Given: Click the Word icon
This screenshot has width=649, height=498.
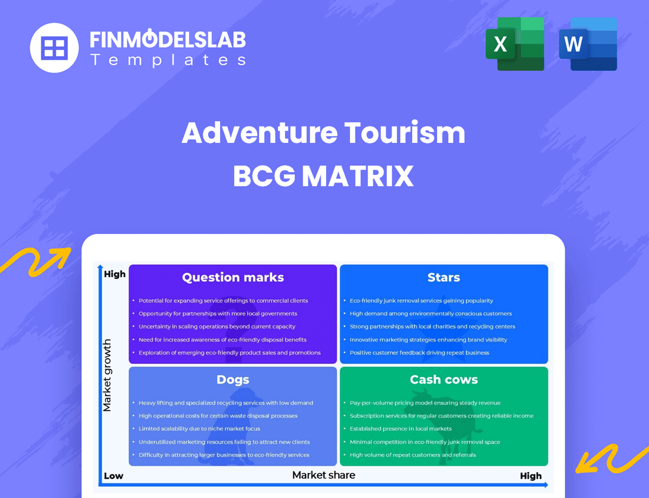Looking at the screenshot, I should (588, 44).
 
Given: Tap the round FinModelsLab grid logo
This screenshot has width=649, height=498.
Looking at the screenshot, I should (54, 47).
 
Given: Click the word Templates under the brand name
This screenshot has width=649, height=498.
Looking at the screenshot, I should (168, 60).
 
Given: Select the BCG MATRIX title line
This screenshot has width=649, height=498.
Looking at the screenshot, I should (323, 175).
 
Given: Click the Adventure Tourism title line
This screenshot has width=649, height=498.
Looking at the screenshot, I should (323, 133).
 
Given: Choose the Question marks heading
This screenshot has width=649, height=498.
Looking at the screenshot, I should (233, 277).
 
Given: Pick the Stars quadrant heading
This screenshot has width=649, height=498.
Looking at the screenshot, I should (444, 277).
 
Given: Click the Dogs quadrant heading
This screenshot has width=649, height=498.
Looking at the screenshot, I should (233, 379).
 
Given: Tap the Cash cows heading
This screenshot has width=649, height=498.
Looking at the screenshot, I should (444, 379).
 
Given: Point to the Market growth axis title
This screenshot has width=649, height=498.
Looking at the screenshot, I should (107, 375).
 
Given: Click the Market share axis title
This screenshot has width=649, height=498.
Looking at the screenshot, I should (324, 474).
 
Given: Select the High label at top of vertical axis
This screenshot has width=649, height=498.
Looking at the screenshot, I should (115, 274).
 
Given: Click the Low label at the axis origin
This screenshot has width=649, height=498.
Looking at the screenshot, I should (113, 476).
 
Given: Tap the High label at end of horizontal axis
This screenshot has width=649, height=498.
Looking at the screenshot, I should (530, 476).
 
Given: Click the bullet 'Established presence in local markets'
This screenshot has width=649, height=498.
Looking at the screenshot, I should (401, 429).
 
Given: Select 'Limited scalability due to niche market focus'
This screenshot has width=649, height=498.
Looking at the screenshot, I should (199, 429).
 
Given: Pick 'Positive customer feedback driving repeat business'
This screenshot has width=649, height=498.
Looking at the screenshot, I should (419, 353).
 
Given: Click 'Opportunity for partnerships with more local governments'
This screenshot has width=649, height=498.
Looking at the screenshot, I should (218, 314).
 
